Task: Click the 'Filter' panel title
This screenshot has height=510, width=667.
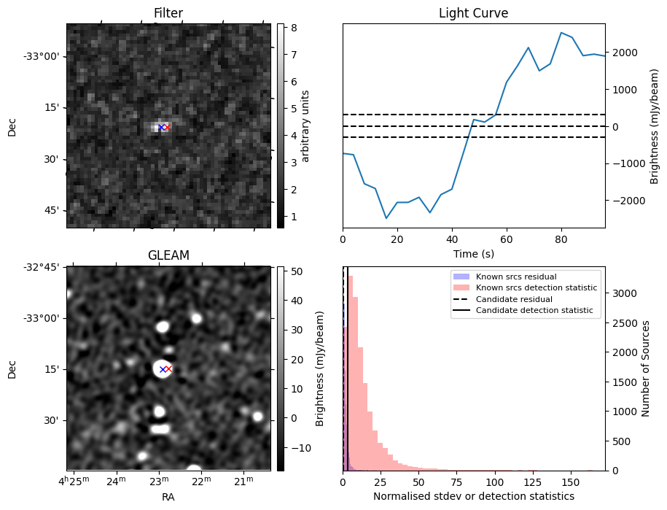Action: [x=168, y=13]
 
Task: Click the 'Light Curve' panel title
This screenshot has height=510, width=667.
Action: [x=473, y=13]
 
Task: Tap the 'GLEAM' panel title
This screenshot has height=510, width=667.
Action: [x=168, y=255]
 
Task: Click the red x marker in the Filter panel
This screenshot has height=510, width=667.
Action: [x=167, y=127]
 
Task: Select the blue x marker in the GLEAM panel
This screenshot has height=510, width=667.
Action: [x=161, y=369]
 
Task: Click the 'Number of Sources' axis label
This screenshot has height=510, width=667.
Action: [x=644, y=368]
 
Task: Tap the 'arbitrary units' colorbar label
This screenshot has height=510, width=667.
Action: [x=305, y=125]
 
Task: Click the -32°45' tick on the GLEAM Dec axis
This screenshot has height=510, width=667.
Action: [x=42, y=267]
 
